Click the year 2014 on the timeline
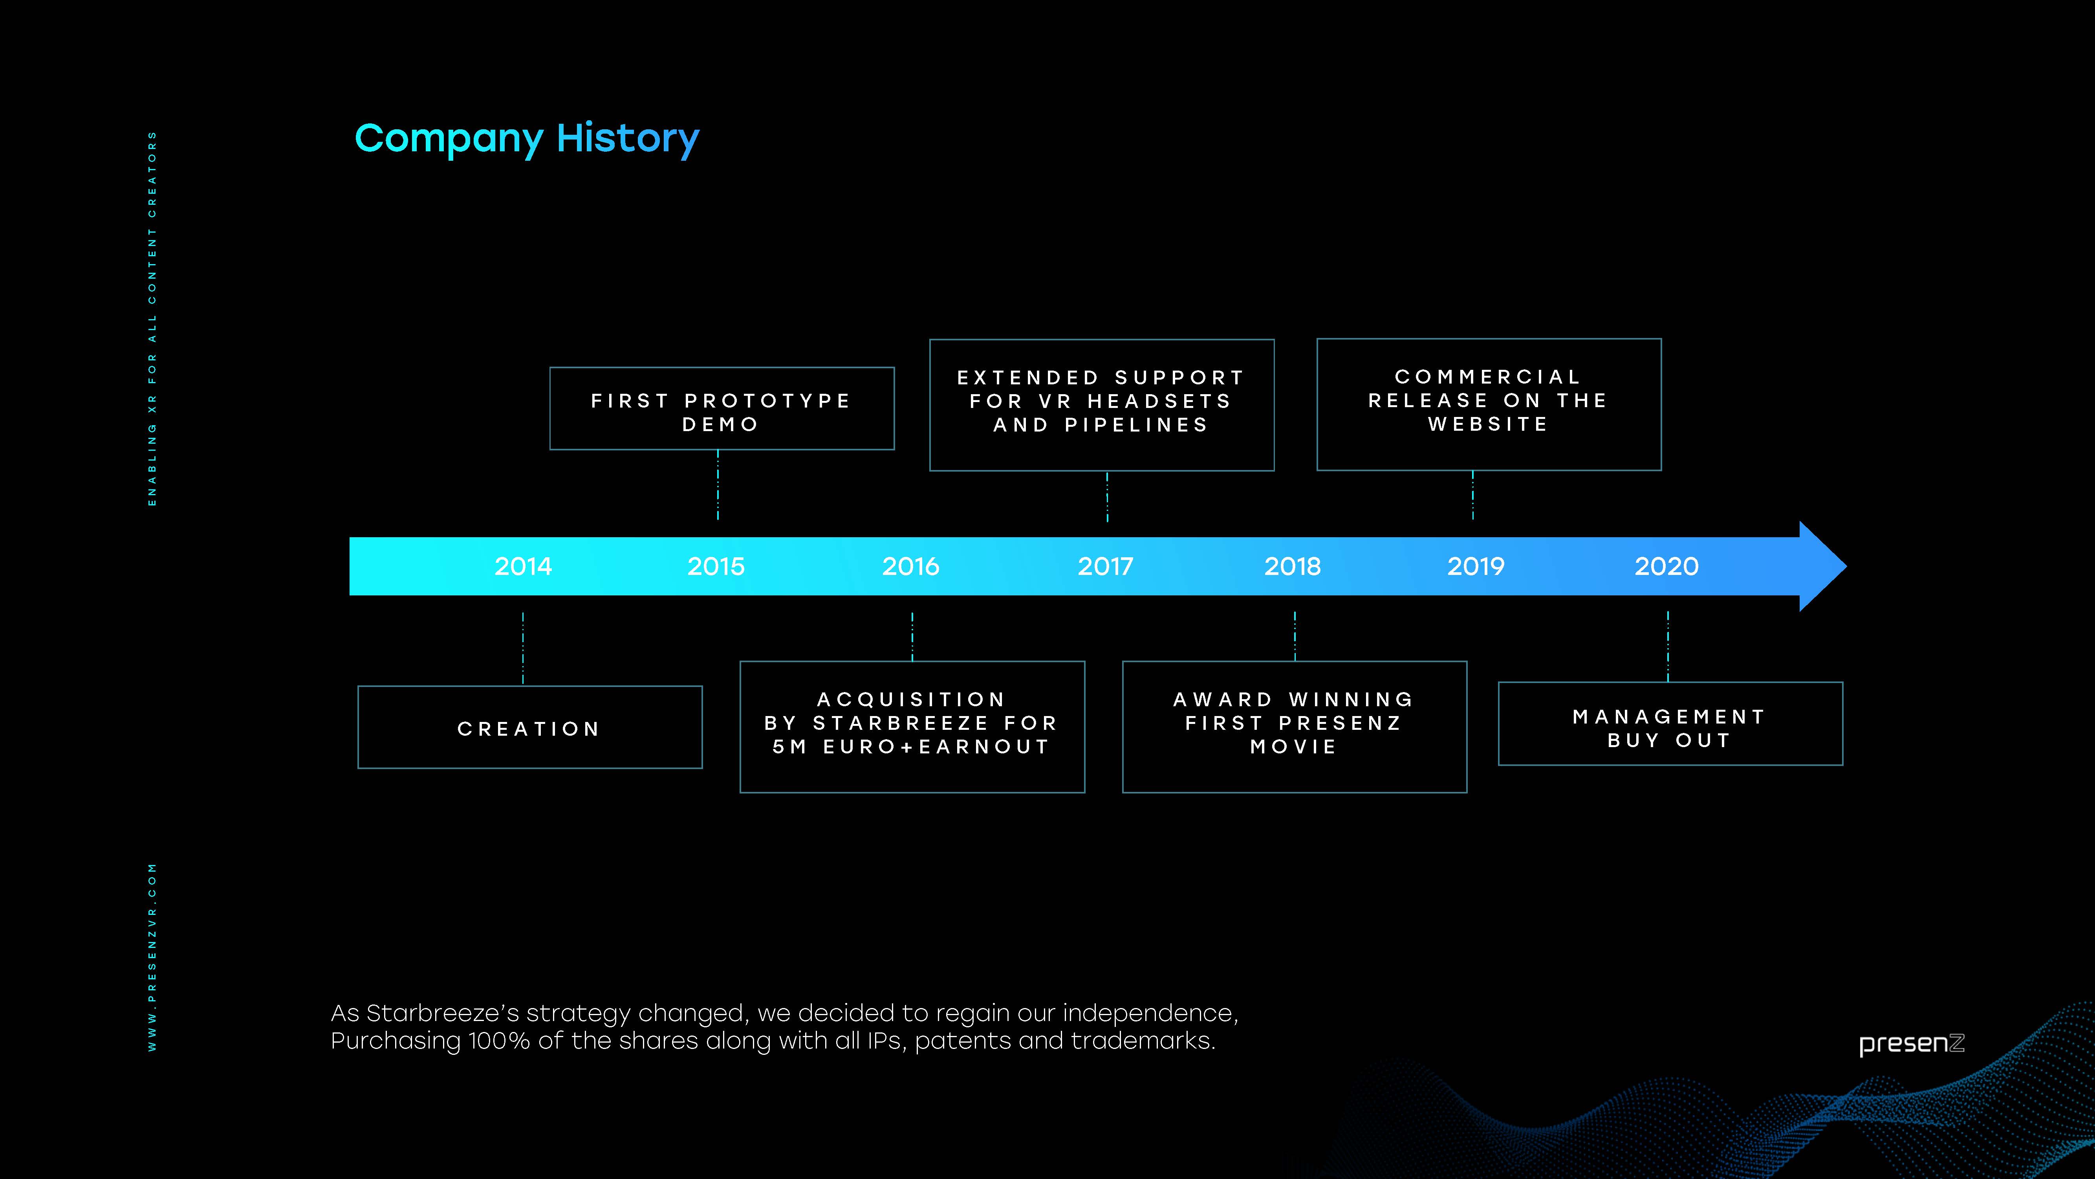pyautogui.click(x=523, y=566)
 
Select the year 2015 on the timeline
pyautogui.click(x=716, y=566)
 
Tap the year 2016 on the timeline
pyautogui.click(x=911, y=566)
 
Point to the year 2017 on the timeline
pyautogui.click(x=1105, y=566)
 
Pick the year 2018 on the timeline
pyautogui.click(x=1292, y=566)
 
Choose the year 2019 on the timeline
pyautogui.click(x=1475, y=566)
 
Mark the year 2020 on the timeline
pyautogui.click(x=1666, y=566)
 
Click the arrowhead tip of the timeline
pyautogui.click(x=1846, y=566)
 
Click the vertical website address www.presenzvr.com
pyautogui.click(x=152, y=957)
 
